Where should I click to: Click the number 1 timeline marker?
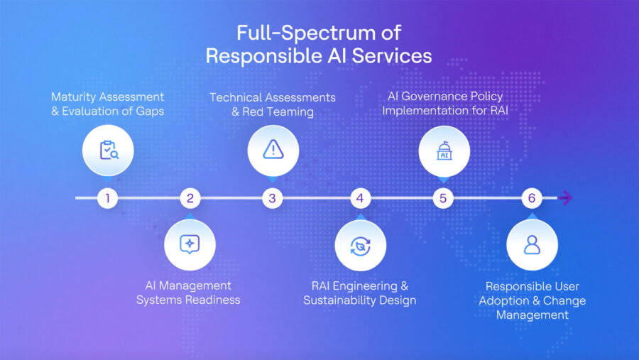click(107, 198)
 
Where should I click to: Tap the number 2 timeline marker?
click(190, 198)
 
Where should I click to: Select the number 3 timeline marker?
click(273, 198)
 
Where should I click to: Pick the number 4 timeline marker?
click(360, 198)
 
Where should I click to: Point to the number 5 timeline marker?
click(443, 198)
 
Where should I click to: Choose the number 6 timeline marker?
click(532, 198)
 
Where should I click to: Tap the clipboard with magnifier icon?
click(107, 150)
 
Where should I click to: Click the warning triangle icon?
click(273, 149)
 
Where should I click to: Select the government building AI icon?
click(444, 150)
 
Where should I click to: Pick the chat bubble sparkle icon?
click(190, 244)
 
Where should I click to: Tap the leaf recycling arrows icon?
click(360, 246)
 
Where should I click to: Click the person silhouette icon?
click(532, 245)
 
